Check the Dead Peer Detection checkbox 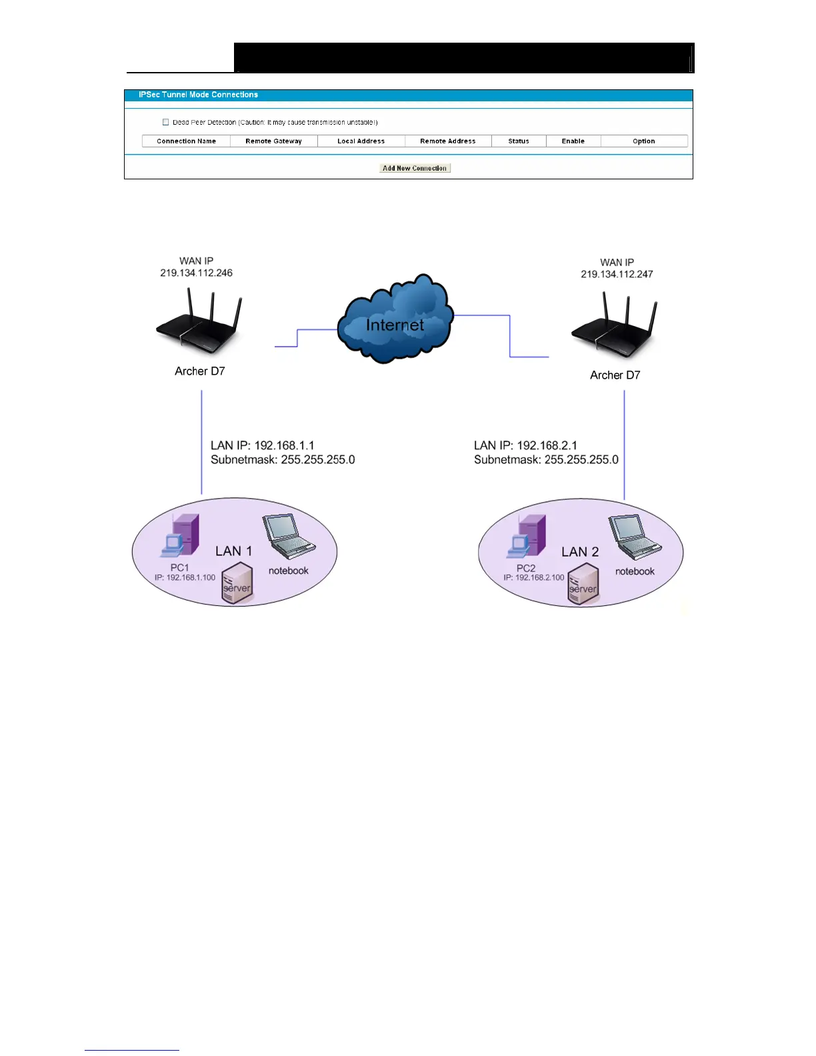pyautogui.click(x=166, y=122)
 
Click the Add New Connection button pyautogui.click(x=415, y=168)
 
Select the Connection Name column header pyautogui.click(x=186, y=141)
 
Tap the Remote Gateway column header pyautogui.click(x=273, y=141)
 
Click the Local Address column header pyautogui.click(x=361, y=141)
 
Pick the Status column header pyautogui.click(x=519, y=141)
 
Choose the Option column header pyautogui.click(x=643, y=141)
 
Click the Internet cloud pyautogui.click(x=395, y=320)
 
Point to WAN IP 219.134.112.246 pyautogui.click(x=196, y=273)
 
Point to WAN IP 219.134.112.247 pyautogui.click(x=617, y=274)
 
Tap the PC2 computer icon pyautogui.click(x=527, y=537)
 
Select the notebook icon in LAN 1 pyautogui.click(x=288, y=537)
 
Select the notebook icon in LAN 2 pyautogui.click(x=634, y=537)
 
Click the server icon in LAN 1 pyautogui.click(x=237, y=583)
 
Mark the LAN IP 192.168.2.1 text pyautogui.click(x=525, y=445)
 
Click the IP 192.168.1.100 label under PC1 pyautogui.click(x=185, y=577)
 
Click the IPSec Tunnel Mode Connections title pyautogui.click(x=198, y=95)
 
